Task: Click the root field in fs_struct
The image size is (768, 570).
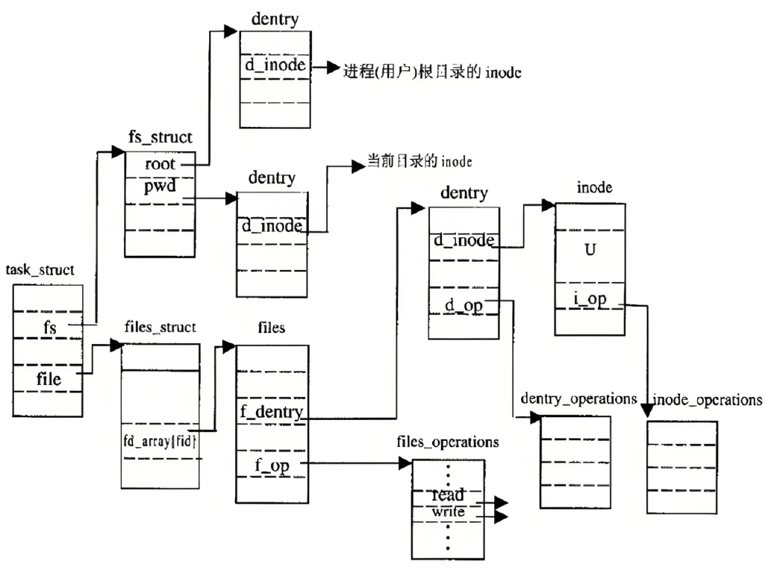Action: pyautogui.click(x=160, y=164)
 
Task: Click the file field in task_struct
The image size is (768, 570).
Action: pyautogui.click(x=49, y=378)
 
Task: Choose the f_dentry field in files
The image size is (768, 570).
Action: pyautogui.click(x=272, y=412)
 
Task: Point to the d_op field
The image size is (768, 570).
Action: pyautogui.click(x=463, y=306)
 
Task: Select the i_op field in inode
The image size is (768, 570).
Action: pyautogui.click(x=590, y=300)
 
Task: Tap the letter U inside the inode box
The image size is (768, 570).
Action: pyautogui.click(x=590, y=251)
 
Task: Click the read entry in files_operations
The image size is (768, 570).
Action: pyautogui.click(x=448, y=495)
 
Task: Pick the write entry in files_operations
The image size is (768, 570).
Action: pyautogui.click(x=448, y=512)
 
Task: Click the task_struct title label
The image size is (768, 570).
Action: pyautogui.click(x=40, y=270)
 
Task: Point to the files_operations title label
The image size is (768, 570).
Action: pyautogui.click(x=448, y=442)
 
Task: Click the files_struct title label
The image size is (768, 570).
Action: pyautogui.click(x=160, y=327)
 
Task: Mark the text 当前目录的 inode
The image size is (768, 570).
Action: pyautogui.click(x=419, y=161)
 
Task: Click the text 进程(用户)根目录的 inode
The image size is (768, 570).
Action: pyautogui.click(x=431, y=72)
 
